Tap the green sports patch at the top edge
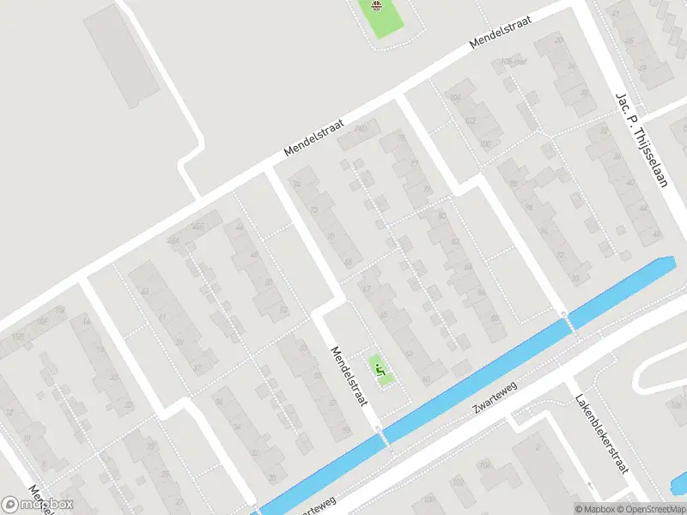pyautogui.click(x=378, y=15)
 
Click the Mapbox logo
pyautogui.click(x=38, y=505)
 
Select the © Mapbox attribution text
pyautogui.click(x=594, y=509)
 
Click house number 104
pyautogui.click(x=455, y=99)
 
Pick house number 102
pyautogui.click(x=471, y=121)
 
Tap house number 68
pyautogui.click(x=348, y=263)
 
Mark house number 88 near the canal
pyautogui.click(x=495, y=318)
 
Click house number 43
pyautogui.click(x=145, y=292)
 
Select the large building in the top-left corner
pyautogui.click(x=121, y=57)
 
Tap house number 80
pyautogui.click(x=441, y=215)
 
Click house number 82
pyautogui.click(x=455, y=242)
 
